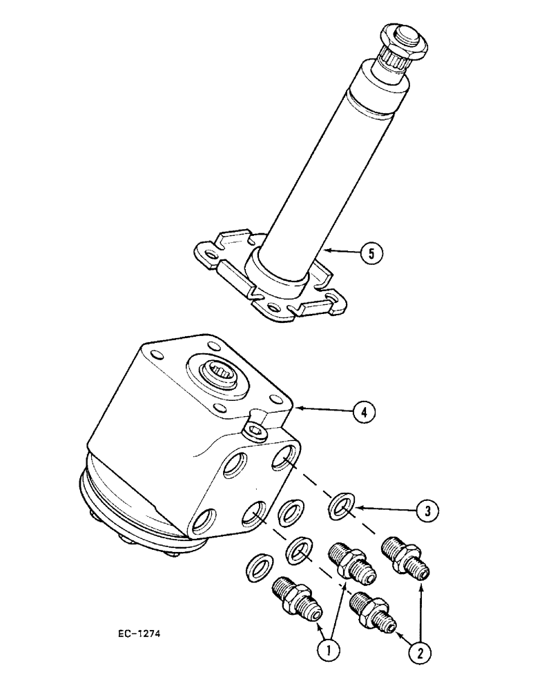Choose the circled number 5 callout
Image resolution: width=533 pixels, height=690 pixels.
click(x=371, y=253)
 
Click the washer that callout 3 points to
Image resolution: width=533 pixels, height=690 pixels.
click(x=340, y=505)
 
